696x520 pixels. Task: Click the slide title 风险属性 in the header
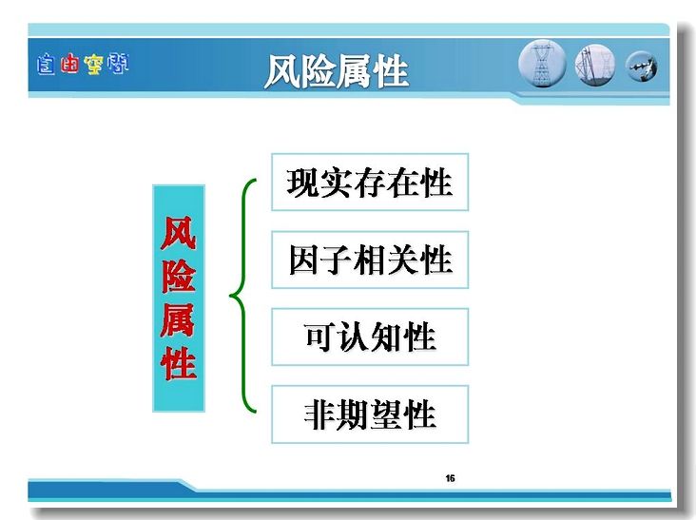[x=336, y=71]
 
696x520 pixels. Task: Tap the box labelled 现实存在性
[x=370, y=182]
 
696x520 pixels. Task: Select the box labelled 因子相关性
[x=370, y=260]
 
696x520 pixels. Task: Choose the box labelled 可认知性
[x=370, y=337]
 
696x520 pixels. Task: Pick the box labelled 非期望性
[x=370, y=414]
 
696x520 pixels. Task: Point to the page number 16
[x=450, y=478]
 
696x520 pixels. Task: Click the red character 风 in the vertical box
[x=179, y=233]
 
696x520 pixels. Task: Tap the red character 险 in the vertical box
[x=179, y=276]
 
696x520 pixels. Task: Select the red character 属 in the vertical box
[x=179, y=319]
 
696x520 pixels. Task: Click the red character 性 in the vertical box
[x=179, y=363]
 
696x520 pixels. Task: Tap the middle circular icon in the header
[x=595, y=66]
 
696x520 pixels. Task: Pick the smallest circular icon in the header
[x=642, y=67]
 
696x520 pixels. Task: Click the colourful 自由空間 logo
[x=83, y=65]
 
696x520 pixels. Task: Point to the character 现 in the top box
[x=302, y=183]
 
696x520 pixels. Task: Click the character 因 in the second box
[x=304, y=260]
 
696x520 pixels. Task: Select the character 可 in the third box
[x=320, y=337]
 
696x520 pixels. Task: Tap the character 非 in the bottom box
[x=320, y=414]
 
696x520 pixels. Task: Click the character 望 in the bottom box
[x=386, y=414]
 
